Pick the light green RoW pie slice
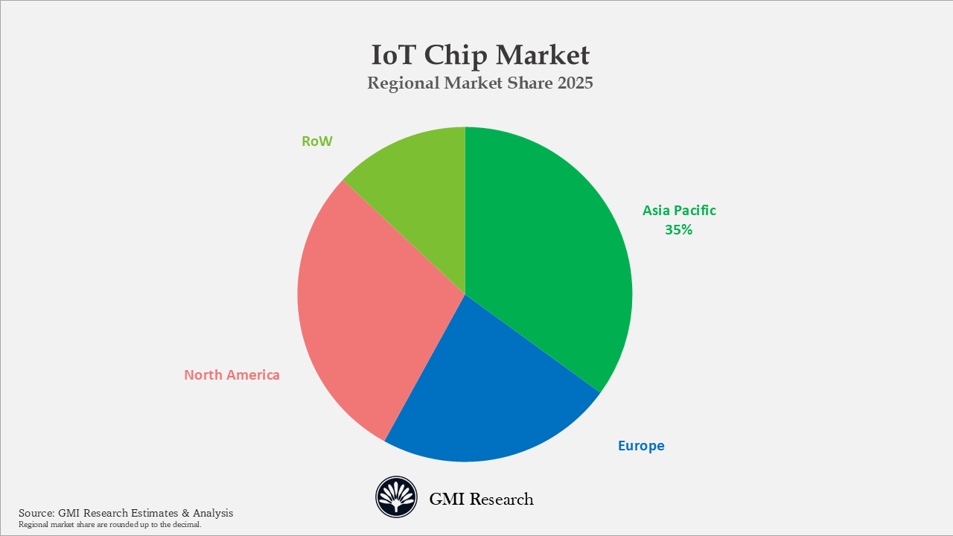point(424,186)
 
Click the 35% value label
point(678,230)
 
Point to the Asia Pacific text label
point(679,211)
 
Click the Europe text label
point(641,446)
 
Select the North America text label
point(232,375)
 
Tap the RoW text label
point(317,141)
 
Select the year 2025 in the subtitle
point(575,83)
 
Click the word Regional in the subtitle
point(403,83)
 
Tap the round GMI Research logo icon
point(396,497)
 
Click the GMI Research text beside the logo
point(481,499)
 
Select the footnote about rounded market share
point(109,525)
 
